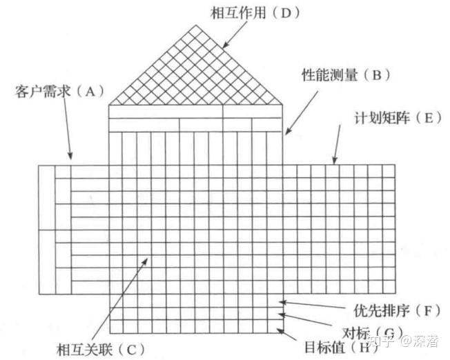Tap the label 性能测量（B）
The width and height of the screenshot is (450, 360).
341,75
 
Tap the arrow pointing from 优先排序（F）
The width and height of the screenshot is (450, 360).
311,305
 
